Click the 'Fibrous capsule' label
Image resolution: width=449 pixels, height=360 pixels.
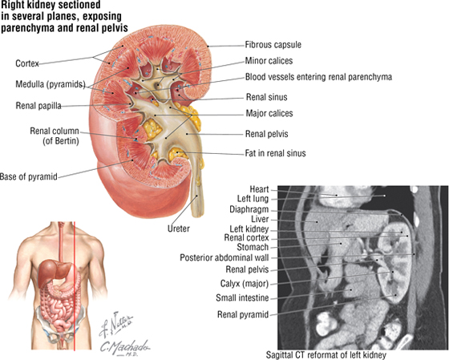pos(273,45)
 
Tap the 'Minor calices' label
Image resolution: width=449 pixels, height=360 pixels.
pos(269,61)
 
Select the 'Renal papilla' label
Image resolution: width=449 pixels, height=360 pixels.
pos(38,106)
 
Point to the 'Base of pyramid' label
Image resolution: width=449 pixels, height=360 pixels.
pos(29,176)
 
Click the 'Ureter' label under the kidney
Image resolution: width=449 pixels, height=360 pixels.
pos(178,229)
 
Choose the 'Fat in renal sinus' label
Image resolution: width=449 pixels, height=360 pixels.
pos(275,153)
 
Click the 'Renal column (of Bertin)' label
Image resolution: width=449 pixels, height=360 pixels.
pos(55,136)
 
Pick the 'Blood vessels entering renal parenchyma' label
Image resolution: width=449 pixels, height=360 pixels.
pos(318,77)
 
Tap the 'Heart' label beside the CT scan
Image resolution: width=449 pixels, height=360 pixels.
pos(259,189)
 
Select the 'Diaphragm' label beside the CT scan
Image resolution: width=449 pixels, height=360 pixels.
pos(249,209)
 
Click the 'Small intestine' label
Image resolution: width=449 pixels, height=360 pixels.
pos(242,297)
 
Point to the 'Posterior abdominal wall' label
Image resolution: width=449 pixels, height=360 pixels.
pos(224,257)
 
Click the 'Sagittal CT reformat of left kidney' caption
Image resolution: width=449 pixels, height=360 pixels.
pos(326,355)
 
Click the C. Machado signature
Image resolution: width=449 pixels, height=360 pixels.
pos(125,348)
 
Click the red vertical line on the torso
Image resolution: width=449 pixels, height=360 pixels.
pos(75,285)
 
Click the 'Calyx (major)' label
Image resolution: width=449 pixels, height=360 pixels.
pos(245,284)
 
